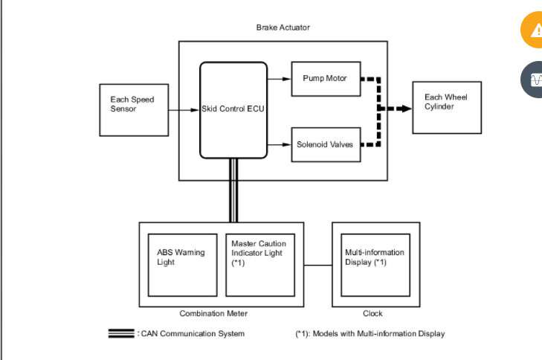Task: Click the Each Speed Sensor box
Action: coord(134,109)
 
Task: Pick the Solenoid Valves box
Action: coord(325,144)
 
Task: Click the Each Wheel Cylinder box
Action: coord(445,108)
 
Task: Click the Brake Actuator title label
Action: coord(283,28)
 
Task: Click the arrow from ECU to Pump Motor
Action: coord(280,78)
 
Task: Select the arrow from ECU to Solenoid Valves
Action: coord(280,144)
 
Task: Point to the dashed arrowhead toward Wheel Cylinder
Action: coord(404,109)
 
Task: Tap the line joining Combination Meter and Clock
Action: coord(317,265)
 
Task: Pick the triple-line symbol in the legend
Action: coord(122,333)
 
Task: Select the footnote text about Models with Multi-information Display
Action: coord(370,333)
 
